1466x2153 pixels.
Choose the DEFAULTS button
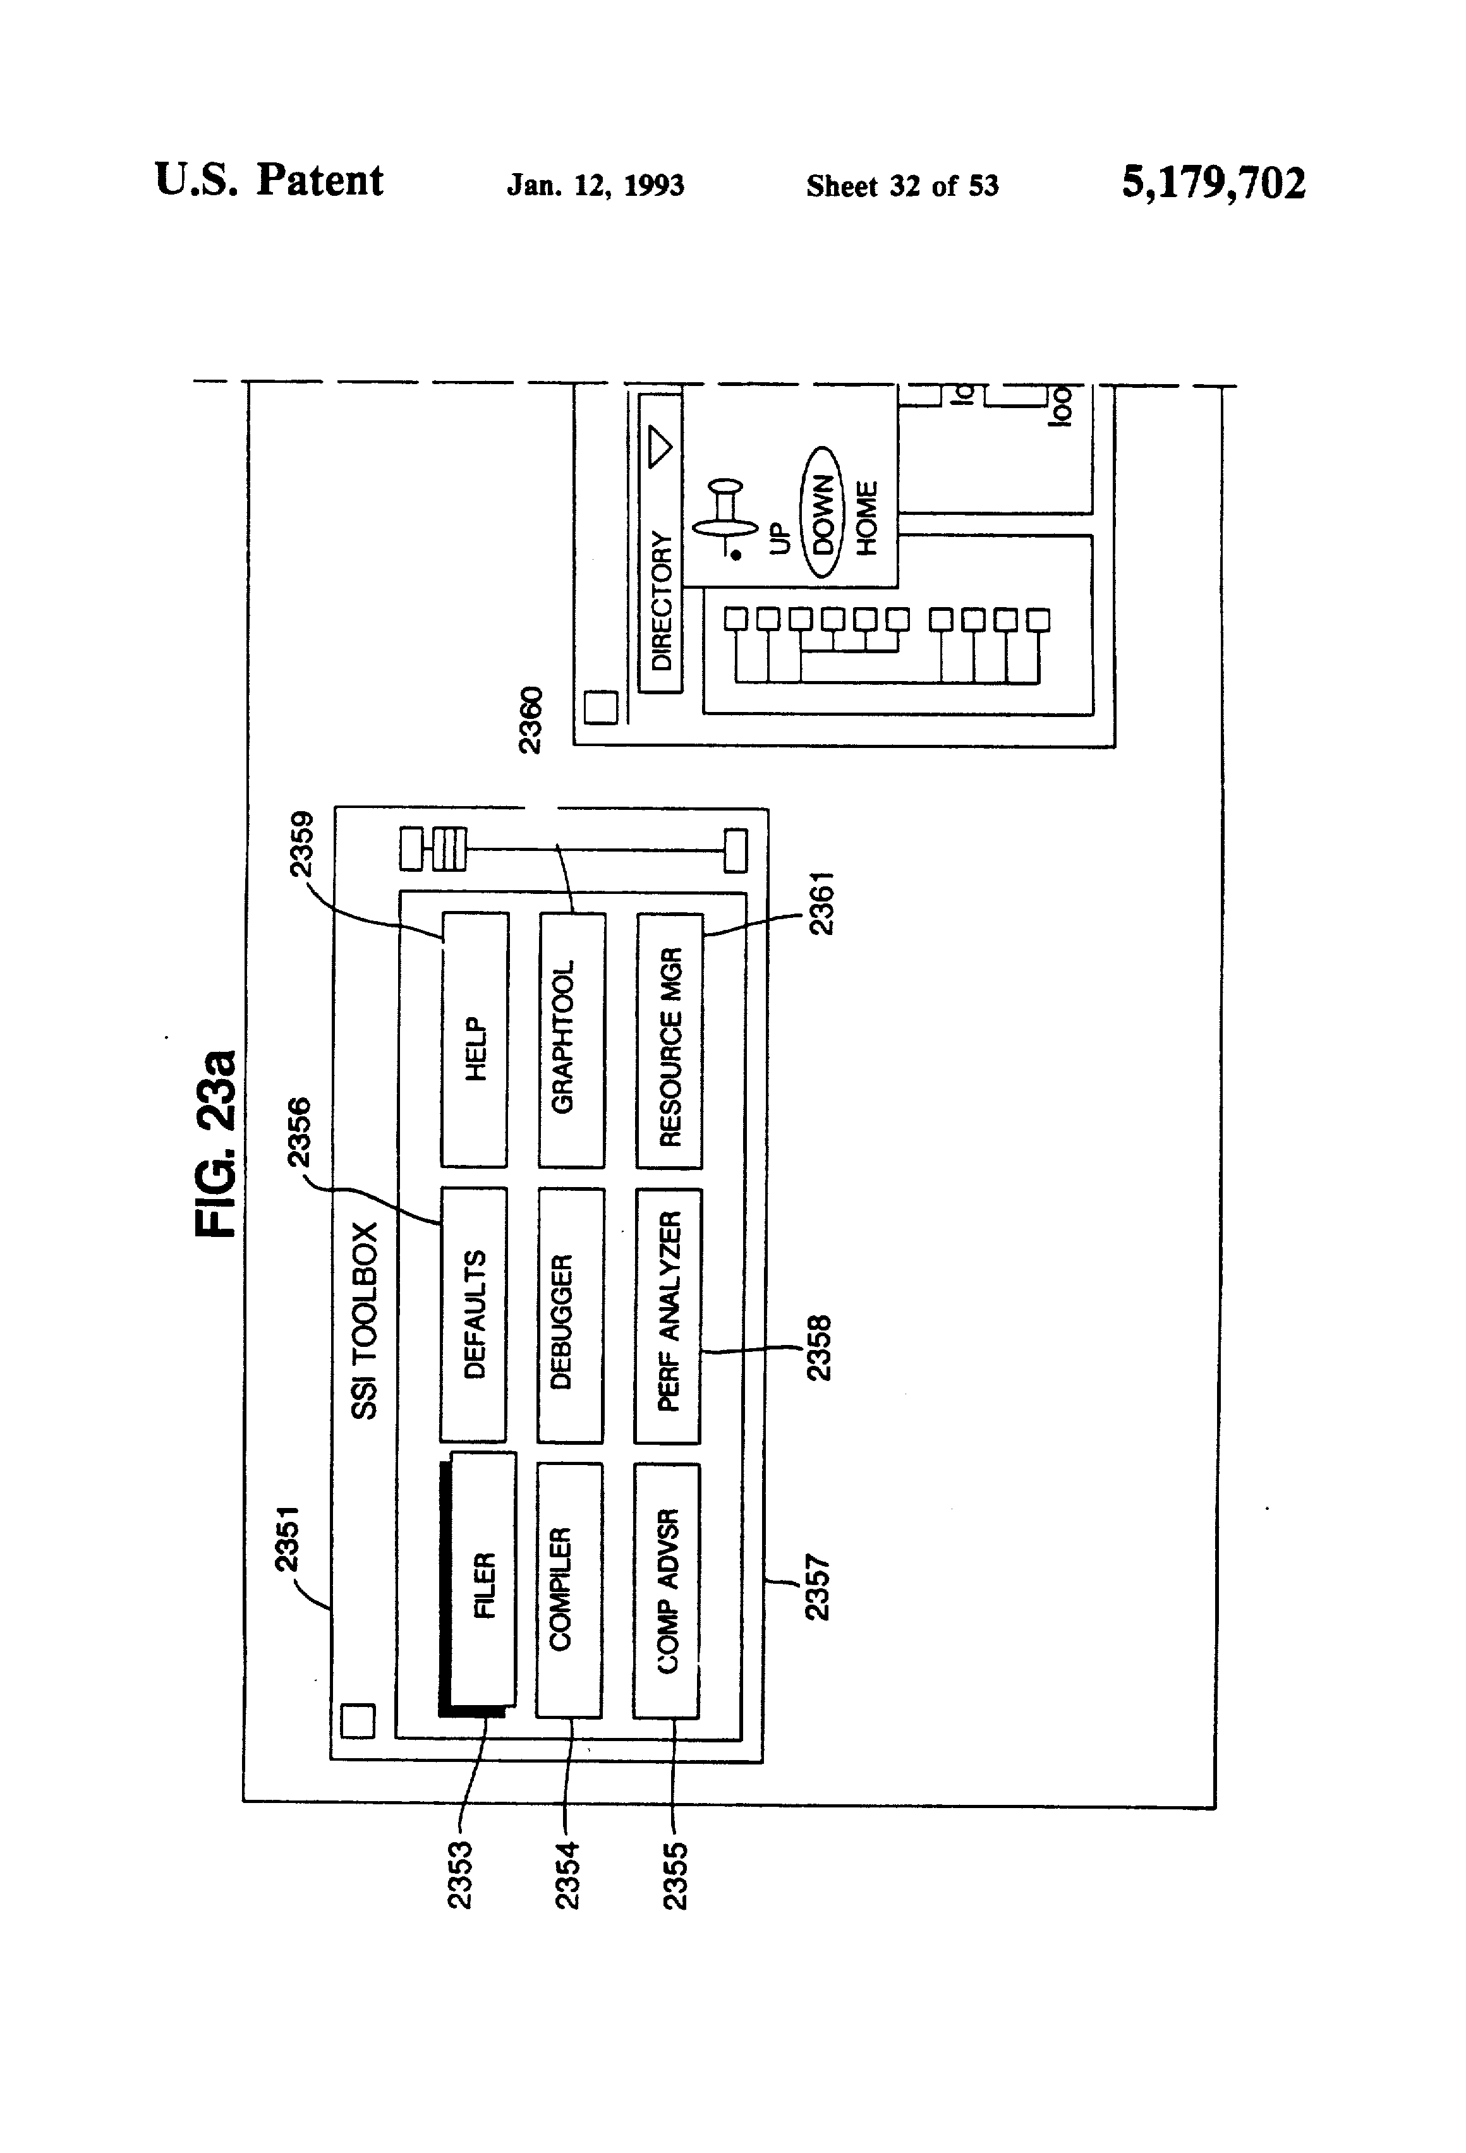(x=473, y=1315)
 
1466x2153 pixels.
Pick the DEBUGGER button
(x=571, y=1315)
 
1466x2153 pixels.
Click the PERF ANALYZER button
(x=668, y=1315)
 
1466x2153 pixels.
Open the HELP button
(x=475, y=1040)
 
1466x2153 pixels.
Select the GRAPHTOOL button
(x=572, y=1040)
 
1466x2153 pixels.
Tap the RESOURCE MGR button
(x=669, y=1040)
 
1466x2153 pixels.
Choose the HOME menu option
(x=866, y=518)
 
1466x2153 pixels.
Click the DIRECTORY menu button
(x=660, y=543)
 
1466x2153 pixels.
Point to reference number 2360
(x=530, y=720)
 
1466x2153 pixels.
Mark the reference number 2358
(x=819, y=1348)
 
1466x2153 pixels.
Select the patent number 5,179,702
(x=1214, y=183)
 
